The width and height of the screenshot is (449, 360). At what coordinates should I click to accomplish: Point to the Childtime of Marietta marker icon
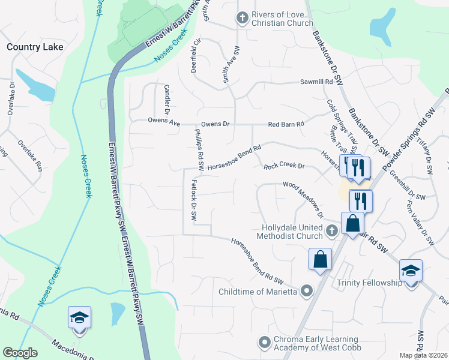[x=307, y=292]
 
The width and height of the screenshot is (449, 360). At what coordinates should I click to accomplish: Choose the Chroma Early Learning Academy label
[x=316, y=343]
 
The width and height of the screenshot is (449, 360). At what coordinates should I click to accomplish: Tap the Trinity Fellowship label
[x=369, y=283]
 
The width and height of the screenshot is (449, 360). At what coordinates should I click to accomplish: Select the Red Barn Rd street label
[x=286, y=124]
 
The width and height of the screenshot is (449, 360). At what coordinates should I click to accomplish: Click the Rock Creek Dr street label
[x=285, y=166]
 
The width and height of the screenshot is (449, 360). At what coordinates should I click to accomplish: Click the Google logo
[x=20, y=353]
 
